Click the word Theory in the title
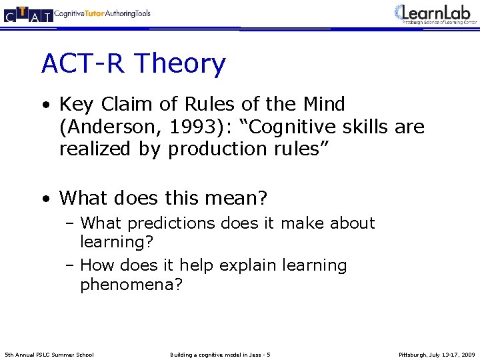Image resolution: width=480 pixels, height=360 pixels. (180, 64)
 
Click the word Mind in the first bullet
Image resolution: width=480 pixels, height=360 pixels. (323, 105)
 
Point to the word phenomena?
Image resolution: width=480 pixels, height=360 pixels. (131, 285)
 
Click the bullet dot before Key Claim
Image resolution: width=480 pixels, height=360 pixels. (45, 105)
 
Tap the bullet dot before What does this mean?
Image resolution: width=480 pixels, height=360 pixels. (45, 199)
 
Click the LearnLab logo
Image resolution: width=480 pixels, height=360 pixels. (435, 13)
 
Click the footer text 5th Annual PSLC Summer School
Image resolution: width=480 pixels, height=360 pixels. (49, 354)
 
